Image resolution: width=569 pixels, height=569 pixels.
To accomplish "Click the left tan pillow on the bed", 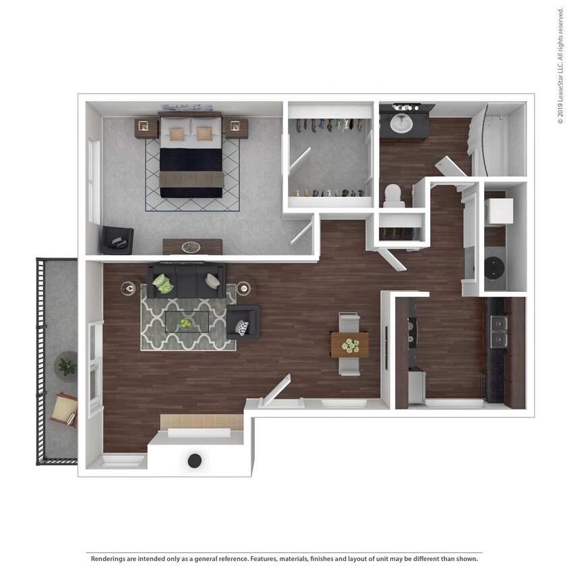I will [x=177, y=133].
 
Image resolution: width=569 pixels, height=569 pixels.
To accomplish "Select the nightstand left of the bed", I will [x=146, y=127].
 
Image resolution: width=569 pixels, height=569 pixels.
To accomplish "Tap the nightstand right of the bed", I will [x=235, y=127].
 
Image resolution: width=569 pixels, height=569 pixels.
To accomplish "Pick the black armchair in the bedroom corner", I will [x=117, y=239].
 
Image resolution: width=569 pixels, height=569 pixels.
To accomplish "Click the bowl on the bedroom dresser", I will [x=191, y=247].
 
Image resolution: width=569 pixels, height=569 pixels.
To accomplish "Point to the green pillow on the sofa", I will [x=162, y=283].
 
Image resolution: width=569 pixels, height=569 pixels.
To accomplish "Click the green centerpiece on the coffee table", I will [x=185, y=323].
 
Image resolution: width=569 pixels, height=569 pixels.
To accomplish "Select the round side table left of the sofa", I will [x=129, y=289].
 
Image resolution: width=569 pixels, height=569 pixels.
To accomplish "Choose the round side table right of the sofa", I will [x=244, y=288].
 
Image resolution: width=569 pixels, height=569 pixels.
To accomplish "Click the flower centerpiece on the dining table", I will [x=350, y=345].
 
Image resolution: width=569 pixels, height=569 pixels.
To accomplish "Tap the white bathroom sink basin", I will [x=402, y=123].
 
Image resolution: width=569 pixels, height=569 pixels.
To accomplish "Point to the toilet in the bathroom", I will [x=394, y=195].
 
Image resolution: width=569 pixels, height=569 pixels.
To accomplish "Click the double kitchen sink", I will [x=499, y=332].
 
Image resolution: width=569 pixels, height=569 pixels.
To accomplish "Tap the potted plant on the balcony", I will [x=66, y=366].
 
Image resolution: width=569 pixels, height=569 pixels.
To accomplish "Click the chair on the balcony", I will [x=64, y=409].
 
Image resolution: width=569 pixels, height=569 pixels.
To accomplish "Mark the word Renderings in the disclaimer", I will [x=110, y=559].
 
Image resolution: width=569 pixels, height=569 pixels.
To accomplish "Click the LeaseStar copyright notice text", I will [x=560, y=65].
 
